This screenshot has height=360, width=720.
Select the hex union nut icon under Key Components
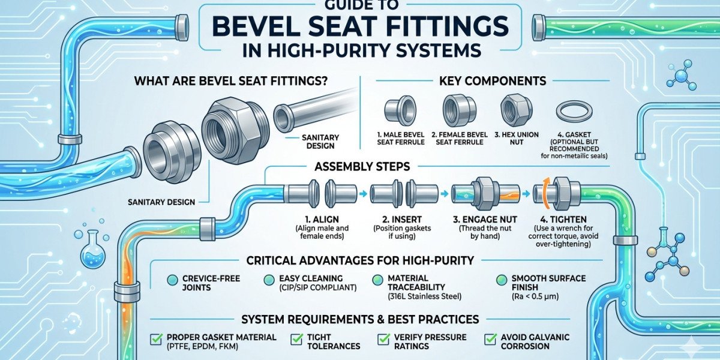coord(516,110)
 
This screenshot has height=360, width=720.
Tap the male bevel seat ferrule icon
coord(400,110)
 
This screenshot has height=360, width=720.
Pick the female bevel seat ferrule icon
coord(459,110)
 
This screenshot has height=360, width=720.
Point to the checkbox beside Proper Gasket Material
coord(157,339)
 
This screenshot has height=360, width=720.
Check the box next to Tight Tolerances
coord(296,339)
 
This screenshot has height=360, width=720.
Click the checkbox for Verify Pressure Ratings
coord(383,339)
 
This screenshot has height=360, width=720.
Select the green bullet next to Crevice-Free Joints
coord(173,280)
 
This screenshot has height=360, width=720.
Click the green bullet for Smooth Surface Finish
coord(501,280)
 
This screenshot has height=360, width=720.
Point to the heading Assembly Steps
coord(362,167)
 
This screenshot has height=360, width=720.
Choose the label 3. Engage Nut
coord(485,220)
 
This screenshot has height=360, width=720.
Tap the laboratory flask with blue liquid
coord(92,250)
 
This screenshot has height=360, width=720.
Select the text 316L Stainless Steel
coord(425,296)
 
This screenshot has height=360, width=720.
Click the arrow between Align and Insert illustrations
coord(363,194)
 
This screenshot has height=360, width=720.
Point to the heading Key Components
coord(493,80)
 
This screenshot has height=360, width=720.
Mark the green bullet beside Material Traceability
coord(377,280)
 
